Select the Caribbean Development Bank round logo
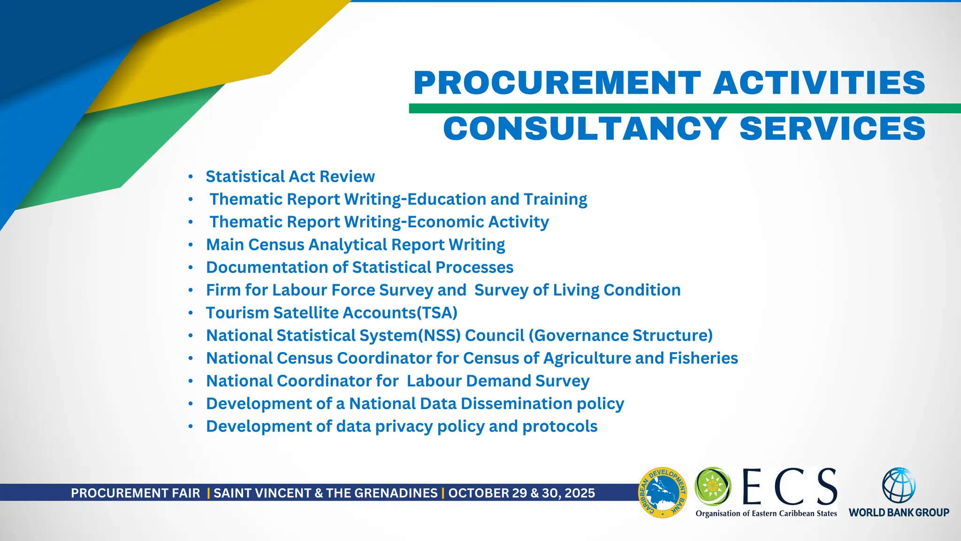click(x=663, y=493)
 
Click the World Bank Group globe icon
click(x=899, y=486)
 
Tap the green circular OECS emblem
click(x=713, y=486)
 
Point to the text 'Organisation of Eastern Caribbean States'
click(x=766, y=514)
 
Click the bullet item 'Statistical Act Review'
click(x=290, y=177)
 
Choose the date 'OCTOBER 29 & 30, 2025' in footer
click(x=521, y=493)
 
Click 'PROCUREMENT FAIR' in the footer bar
click(x=135, y=493)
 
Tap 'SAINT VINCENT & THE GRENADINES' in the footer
click(x=325, y=493)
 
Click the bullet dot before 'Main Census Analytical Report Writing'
click(x=191, y=245)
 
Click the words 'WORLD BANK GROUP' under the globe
click(x=899, y=513)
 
